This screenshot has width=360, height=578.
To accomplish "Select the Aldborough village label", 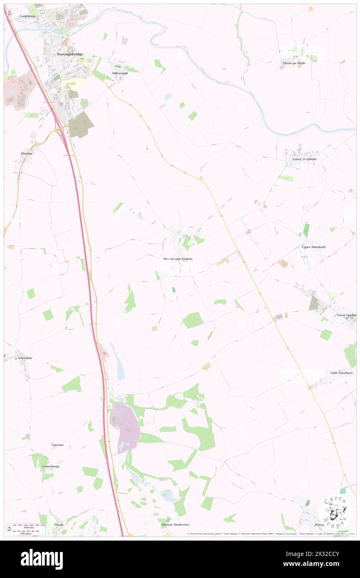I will coord(119,73).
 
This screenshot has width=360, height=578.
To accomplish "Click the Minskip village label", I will coord(26,153).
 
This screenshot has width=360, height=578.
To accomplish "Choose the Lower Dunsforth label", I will coord(304,158).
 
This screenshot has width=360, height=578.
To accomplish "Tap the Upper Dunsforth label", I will coord(313,247).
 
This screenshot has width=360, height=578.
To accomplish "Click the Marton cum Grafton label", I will coord(178,259).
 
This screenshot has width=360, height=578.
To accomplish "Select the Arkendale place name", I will coord(25,358).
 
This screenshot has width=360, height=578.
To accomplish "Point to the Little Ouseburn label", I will coord(341,373).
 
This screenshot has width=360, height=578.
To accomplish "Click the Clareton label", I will coord(57,445).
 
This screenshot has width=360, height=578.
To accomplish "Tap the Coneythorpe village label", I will coord(51,467).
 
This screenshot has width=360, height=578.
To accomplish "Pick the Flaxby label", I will coord(59,524).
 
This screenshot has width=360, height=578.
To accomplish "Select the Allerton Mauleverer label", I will coord(172,525).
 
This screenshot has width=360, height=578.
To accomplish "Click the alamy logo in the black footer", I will coord(42,559).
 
